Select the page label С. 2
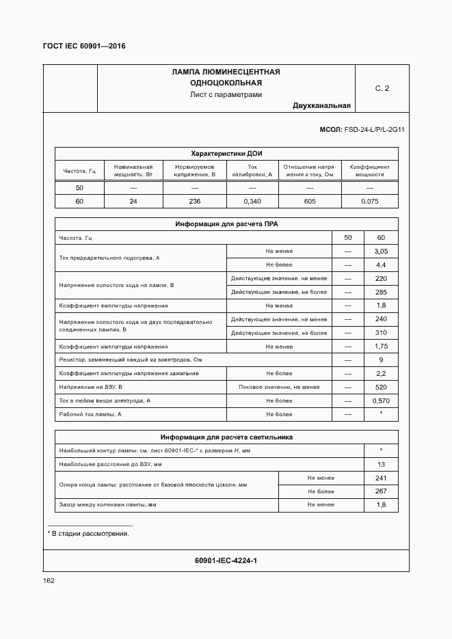(x=382, y=88)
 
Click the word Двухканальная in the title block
(x=321, y=105)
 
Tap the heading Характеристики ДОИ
(x=226, y=154)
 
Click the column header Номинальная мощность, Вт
(x=133, y=170)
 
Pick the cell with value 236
(x=194, y=202)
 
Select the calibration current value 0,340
(x=252, y=202)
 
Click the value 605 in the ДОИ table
(x=309, y=202)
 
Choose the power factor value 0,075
(x=369, y=202)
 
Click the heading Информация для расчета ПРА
(x=226, y=223)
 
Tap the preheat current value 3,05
(x=381, y=251)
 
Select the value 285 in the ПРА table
(x=381, y=292)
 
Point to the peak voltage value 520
(x=381, y=387)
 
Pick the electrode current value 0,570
(x=381, y=400)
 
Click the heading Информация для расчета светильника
(x=226, y=437)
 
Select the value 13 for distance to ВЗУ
(x=381, y=464)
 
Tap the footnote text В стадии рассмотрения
(x=90, y=533)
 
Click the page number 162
(x=49, y=580)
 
